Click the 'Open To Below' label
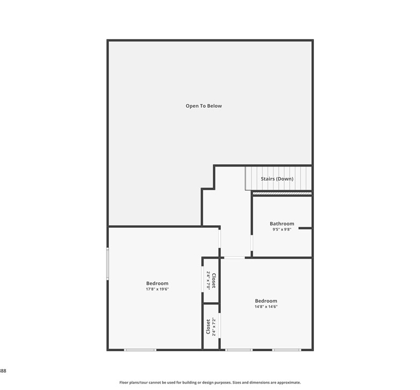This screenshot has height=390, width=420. tap(204, 106)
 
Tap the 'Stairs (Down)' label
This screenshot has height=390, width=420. tap(277, 179)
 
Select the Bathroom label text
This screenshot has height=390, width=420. tap(282, 224)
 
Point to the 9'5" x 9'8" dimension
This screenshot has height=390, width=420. tap(282, 229)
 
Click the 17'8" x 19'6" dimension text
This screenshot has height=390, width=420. tap(157, 289)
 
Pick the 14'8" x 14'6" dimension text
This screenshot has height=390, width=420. tap(266, 307)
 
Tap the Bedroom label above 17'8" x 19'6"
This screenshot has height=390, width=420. tap(157, 283)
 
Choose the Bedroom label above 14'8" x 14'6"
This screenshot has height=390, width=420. tap(266, 301)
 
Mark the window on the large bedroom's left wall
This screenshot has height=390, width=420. tap(108, 264)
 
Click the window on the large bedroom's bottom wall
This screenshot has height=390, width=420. tap(140, 350)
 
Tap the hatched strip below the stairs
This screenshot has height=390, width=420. tap(282, 193)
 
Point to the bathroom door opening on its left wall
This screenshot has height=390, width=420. tap(252, 243)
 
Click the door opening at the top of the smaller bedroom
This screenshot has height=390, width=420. tap(234, 257)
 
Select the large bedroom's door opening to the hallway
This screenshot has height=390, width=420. tap(219, 239)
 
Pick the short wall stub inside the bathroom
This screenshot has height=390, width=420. tap(305, 228)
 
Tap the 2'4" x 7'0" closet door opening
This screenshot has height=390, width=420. tap(202, 278)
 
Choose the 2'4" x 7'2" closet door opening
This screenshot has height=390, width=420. tap(219, 326)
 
